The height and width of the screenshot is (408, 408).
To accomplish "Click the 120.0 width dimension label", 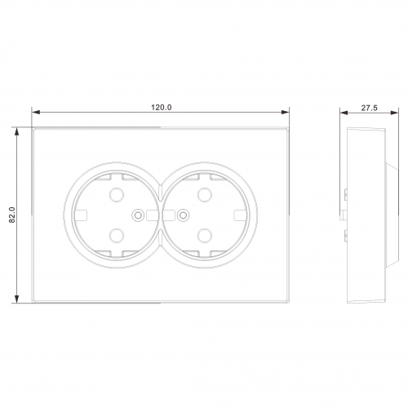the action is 162,108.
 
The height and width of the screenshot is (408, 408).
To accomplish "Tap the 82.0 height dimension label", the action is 12,215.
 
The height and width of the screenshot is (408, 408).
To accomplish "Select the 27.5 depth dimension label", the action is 369,108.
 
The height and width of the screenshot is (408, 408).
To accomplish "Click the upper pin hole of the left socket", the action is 117,195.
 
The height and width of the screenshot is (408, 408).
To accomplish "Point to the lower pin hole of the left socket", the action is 117,236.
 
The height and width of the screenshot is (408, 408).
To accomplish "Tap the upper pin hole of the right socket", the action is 205,195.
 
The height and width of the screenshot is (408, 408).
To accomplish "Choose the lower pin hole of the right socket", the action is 205,236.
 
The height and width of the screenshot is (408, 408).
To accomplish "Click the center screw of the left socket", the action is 138,215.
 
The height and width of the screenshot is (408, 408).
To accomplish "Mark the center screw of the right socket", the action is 183,215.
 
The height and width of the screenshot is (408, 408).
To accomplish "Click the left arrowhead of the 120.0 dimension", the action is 36,112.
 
